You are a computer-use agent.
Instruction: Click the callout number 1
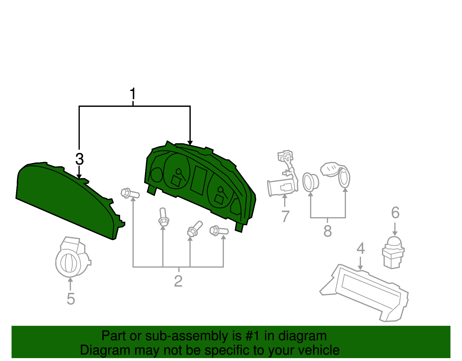click(x=133, y=94)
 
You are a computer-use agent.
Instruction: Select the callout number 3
click(x=79, y=159)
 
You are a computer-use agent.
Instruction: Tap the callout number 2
click(x=178, y=281)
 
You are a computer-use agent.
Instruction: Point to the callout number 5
click(x=71, y=299)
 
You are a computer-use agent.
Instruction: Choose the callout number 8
click(x=328, y=231)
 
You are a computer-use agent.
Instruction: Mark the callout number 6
click(x=395, y=212)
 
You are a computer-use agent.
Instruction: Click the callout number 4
click(x=361, y=248)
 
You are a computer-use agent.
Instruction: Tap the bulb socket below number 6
click(x=393, y=252)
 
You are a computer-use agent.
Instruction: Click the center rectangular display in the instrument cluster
click(x=199, y=180)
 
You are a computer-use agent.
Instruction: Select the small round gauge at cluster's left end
click(x=157, y=175)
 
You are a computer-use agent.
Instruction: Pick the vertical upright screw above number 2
click(x=163, y=217)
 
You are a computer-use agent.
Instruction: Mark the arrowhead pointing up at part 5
click(x=70, y=280)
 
